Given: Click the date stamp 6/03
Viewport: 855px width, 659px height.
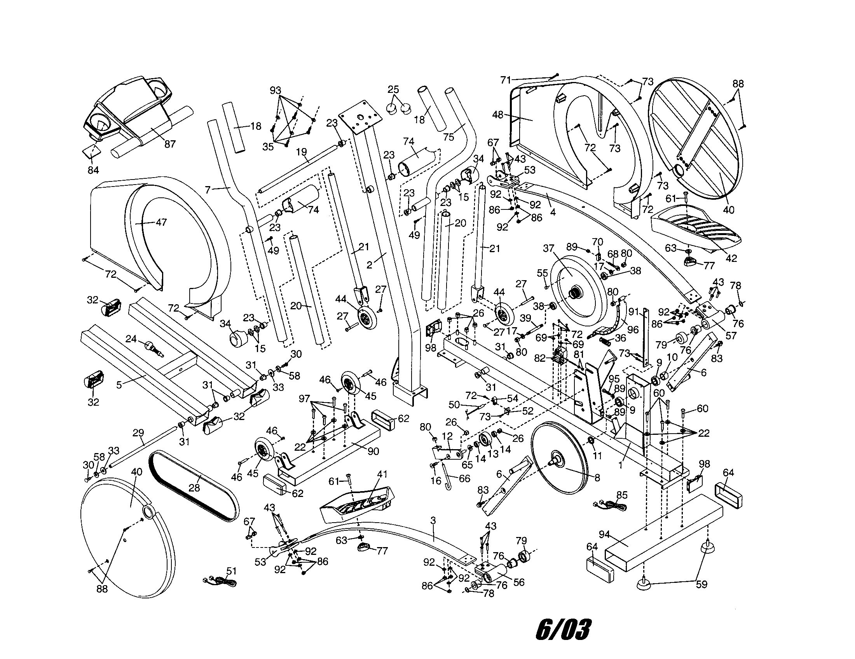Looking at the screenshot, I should pos(563,630).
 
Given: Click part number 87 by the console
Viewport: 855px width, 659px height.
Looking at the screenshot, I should pos(169,144).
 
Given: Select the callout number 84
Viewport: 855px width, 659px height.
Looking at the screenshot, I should pos(93,170).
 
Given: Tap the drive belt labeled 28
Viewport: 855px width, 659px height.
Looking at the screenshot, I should pos(195,488).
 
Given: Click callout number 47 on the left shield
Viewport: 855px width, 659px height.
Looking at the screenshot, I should pos(161,222).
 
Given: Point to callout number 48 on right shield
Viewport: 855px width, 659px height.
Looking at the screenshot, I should pos(497,115).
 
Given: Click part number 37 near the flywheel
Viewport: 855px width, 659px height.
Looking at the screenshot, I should pos(548,248).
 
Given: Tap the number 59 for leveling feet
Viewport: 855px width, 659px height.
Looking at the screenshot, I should pos(701,585).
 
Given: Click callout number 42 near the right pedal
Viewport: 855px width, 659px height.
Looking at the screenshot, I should pos(731,258).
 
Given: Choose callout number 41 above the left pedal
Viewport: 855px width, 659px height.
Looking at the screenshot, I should pos(382,474).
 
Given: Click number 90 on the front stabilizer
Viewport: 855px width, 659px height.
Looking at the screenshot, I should pos(373,451).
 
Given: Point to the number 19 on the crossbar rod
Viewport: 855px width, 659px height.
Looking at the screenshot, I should pos(302,152).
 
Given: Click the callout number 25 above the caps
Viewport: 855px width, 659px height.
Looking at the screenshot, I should pos(393,90).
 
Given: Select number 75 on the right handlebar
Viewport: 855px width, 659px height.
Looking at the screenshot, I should pos(448,136).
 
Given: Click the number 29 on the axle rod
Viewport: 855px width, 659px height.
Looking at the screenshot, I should pos(138,433).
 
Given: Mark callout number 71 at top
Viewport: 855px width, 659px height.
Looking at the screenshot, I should pos(506,80).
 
